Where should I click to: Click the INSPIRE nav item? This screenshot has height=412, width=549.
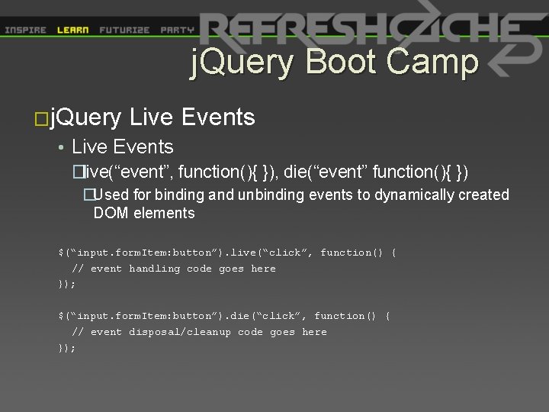pyautogui.click(x=25, y=31)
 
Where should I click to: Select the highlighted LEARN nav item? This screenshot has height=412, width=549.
pyautogui.click(x=72, y=31)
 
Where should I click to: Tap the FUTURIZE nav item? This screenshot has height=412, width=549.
pyautogui.click(x=124, y=31)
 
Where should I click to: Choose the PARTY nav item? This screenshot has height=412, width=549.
pyautogui.click(x=177, y=31)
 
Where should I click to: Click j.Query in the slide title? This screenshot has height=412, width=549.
pyautogui.click(x=245, y=63)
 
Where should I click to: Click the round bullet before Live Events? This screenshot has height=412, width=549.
pyautogui.click(x=60, y=147)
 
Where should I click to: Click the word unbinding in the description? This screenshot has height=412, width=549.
pyautogui.click(x=271, y=195)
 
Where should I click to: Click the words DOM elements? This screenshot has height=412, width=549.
pyautogui.click(x=143, y=214)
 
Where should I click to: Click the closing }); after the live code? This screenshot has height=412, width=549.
pyautogui.click(x=67, y=284)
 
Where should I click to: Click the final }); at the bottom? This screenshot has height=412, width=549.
pyautogui.click(x=67, y=348)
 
